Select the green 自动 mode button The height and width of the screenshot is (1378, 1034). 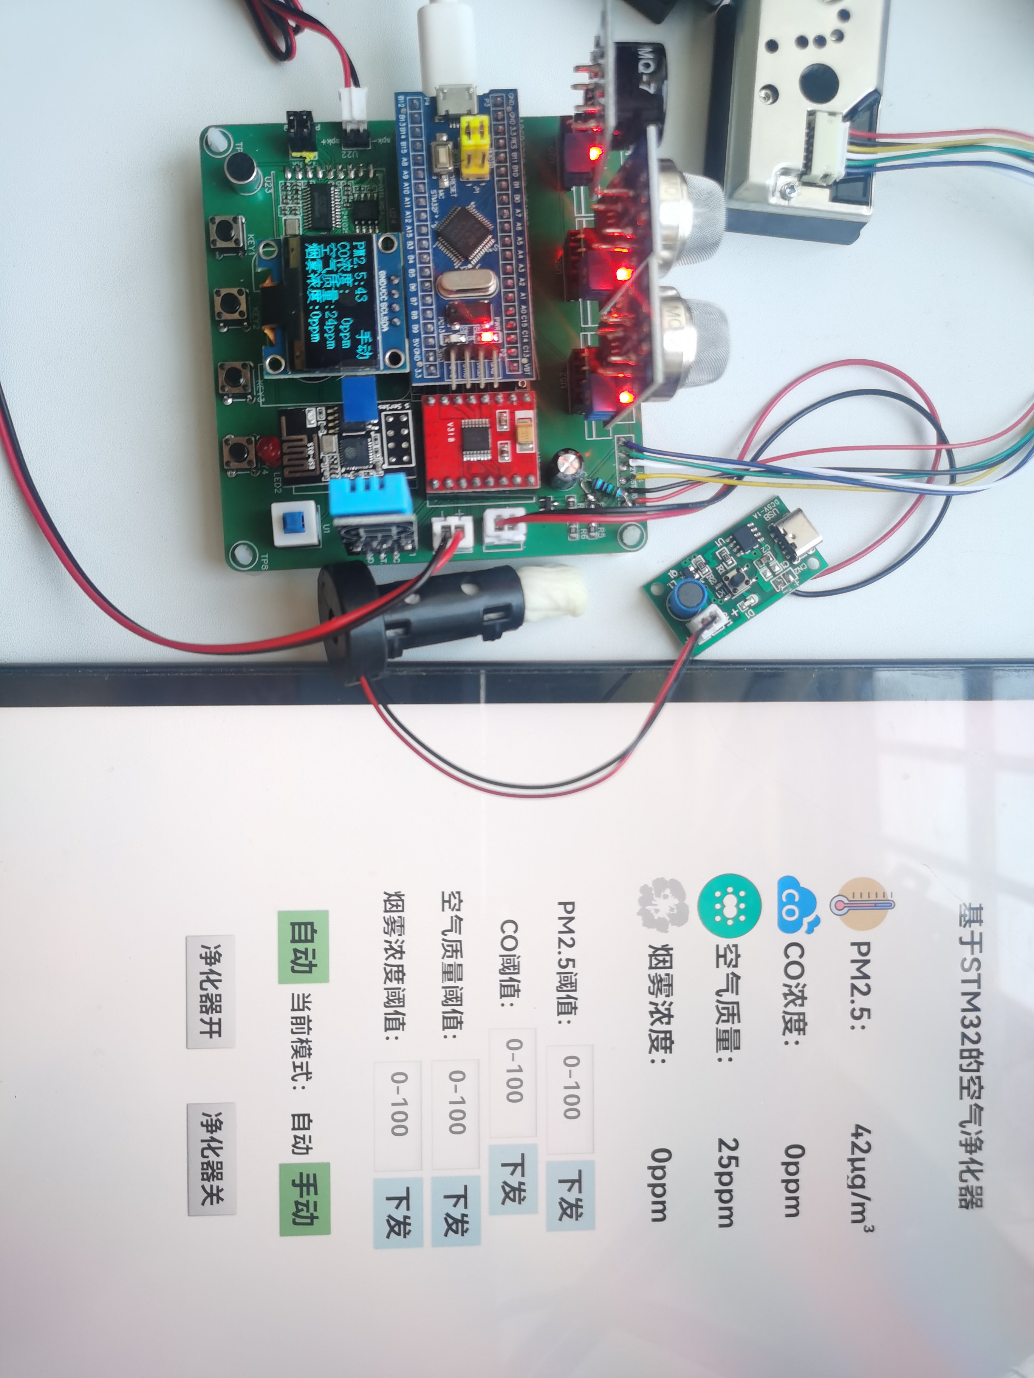point(303,947)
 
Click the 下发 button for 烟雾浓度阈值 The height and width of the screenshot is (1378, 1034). point(398,1212)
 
